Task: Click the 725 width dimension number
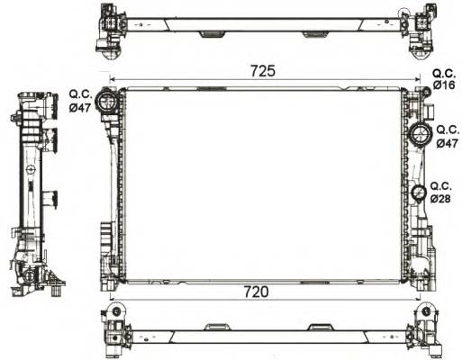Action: pyautogui.click(x=262, y=69)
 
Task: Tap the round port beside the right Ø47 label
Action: pyautogui.click(x=419, y=136)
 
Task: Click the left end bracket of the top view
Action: pyautogui.click(x=111, y=27)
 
